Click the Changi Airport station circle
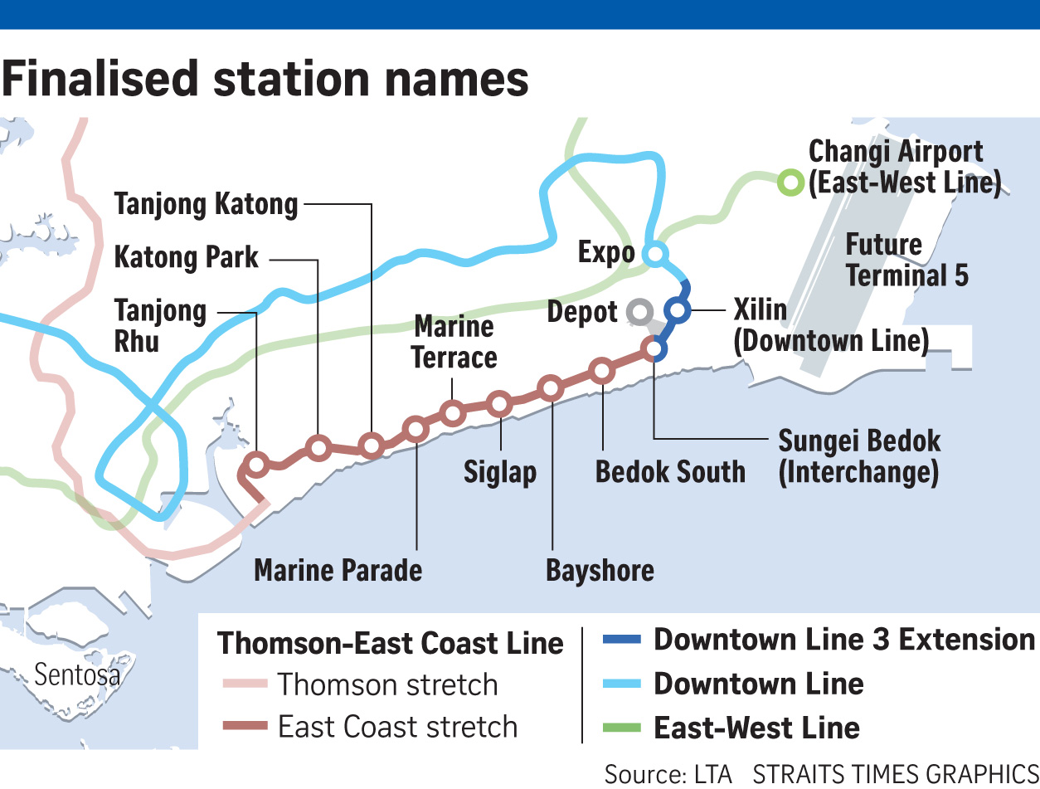pos(790,182)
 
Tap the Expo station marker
pos(655,253)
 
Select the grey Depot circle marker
pos(639,313)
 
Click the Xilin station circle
pos(678,311)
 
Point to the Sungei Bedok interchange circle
pos(654,349)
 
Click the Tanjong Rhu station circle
pos(257,465)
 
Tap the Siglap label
pos(499,472)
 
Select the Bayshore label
pos(600,571)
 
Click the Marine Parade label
pos(338,571)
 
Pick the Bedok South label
pos(670,472)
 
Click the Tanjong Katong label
pos(206,204)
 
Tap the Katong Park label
pos(187,257)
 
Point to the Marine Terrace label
pos(454,342)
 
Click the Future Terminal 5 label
pos(906,260)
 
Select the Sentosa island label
pos(77,675)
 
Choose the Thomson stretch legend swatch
pos(245,684)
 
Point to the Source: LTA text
pos(668,773)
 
